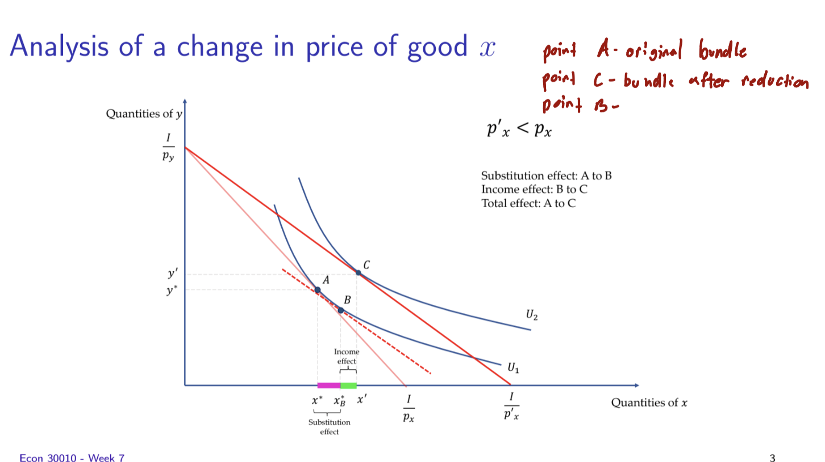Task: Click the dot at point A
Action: [x=318, y=290]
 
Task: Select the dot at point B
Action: [x=340, y=310]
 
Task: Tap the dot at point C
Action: [x=358, y=273]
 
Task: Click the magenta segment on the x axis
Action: [x=328, y=385]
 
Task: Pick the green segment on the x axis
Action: [x=348, y=385]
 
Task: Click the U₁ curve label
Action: [x=513, y=368]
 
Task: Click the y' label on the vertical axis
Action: [x=172, y=274]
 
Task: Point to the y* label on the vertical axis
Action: [x=172, y=289]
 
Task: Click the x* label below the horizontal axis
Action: [x=318, y=400]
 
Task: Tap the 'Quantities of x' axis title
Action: [x=649, y=403]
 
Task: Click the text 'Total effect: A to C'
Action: [x=528, y=203]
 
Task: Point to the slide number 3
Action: [x=772, y=457]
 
